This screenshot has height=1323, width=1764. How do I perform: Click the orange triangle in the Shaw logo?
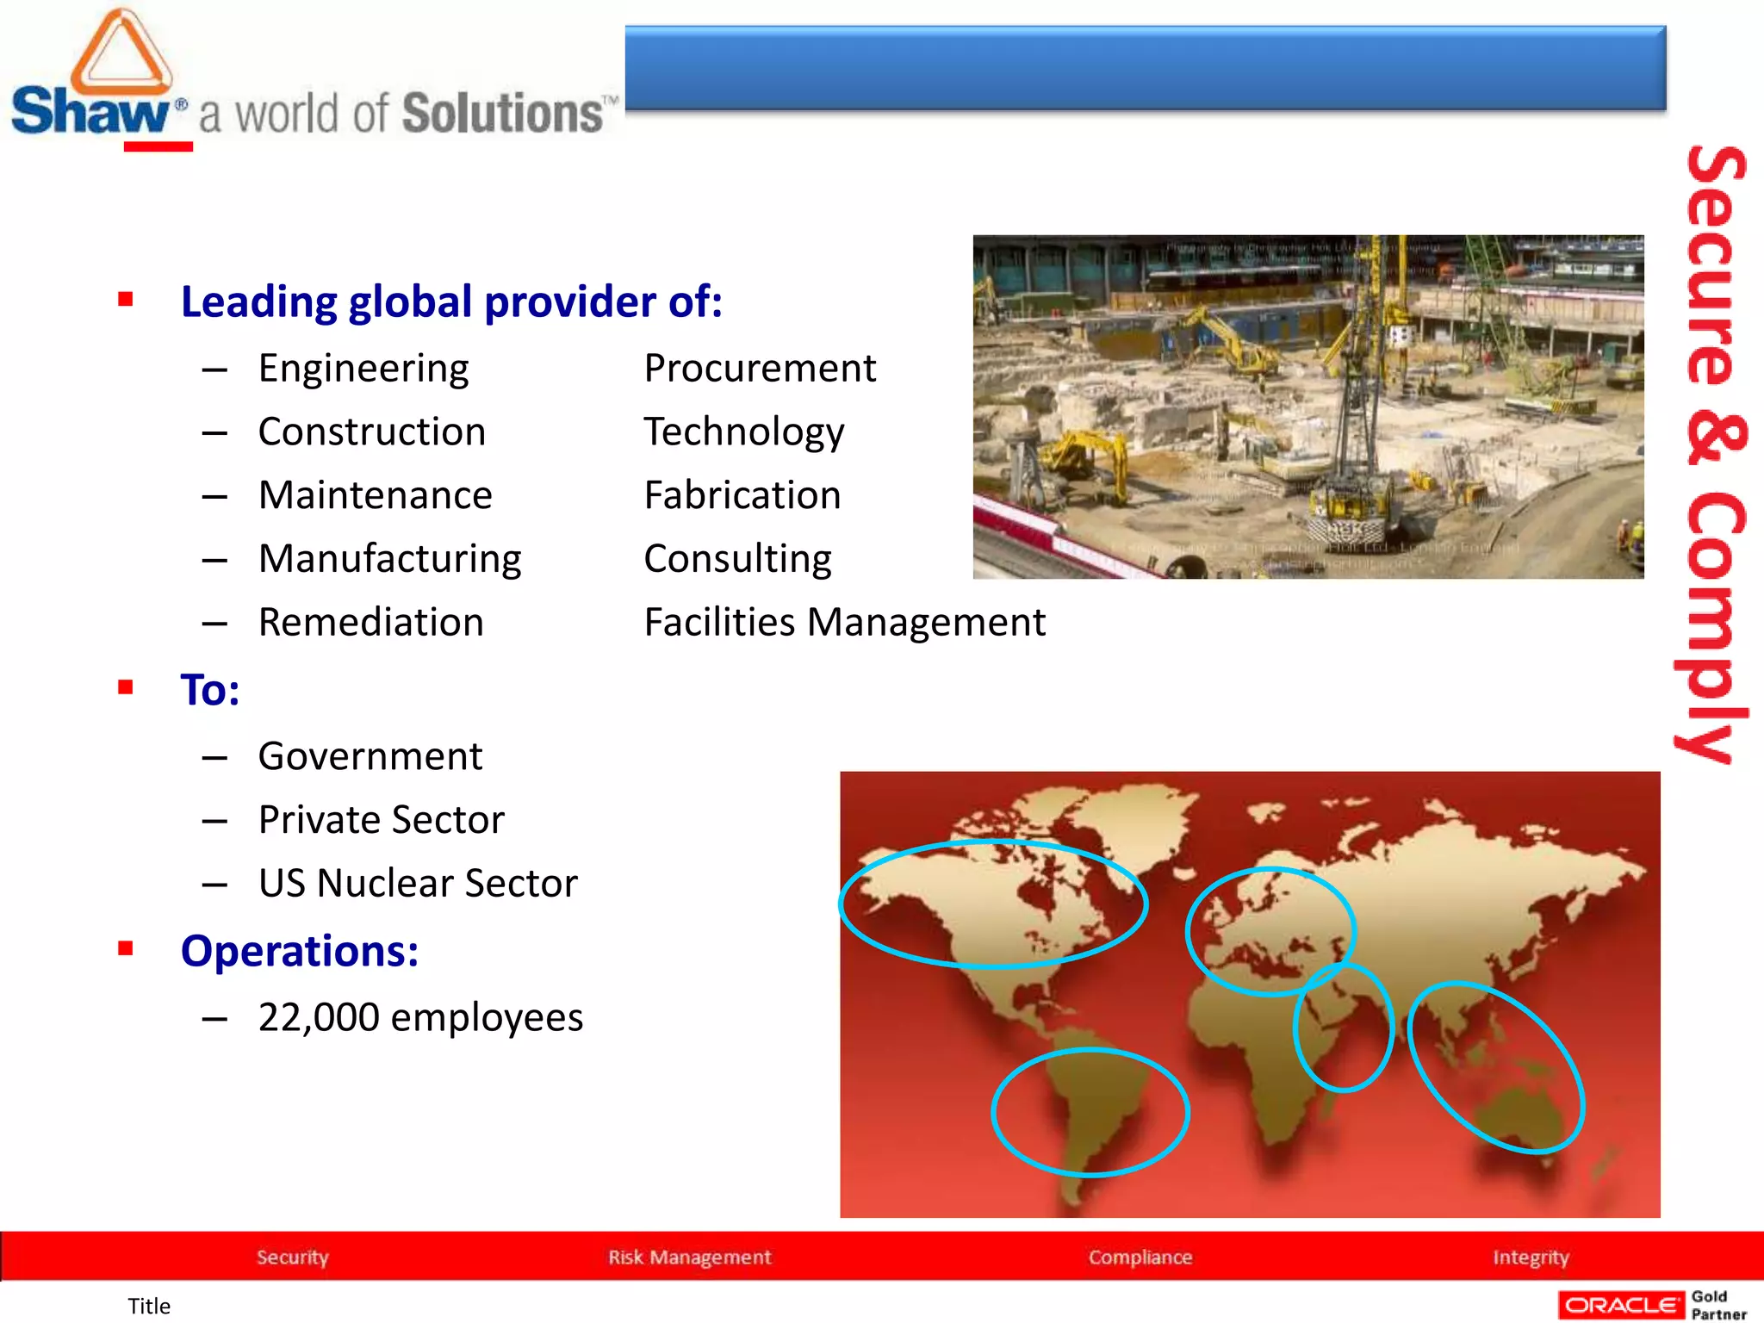121,53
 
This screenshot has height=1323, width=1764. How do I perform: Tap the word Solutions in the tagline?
503,114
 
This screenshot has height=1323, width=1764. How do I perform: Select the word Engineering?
363,369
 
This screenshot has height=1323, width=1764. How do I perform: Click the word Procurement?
760,369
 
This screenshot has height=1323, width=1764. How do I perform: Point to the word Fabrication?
742,495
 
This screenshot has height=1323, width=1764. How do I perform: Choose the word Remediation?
371,622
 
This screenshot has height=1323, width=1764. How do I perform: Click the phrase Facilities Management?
844,622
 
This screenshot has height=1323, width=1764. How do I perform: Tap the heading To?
209,689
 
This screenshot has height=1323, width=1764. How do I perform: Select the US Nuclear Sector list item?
418,883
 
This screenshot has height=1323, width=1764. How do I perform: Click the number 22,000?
319,1017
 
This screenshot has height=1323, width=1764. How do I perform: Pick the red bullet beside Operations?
126,949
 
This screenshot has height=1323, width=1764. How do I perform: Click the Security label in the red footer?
292,1257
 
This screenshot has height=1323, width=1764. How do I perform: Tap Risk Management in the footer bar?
689,1257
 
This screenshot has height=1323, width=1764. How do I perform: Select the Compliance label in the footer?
1140,1257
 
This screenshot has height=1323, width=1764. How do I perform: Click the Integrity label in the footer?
1531,1257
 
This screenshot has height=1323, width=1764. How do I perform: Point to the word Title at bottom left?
149,1306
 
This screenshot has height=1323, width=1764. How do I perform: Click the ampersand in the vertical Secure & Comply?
1716,439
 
